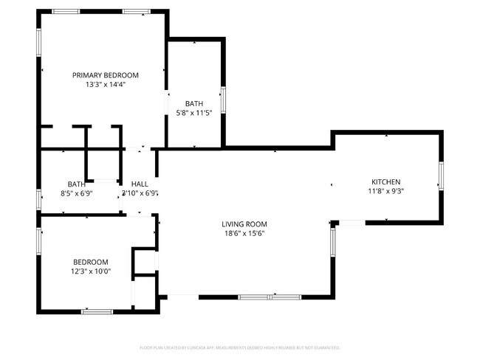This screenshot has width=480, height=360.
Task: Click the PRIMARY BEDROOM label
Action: point(105,75)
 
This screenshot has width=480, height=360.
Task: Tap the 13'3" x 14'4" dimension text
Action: point(105,84)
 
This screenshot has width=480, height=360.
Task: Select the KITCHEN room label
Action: point(385,181)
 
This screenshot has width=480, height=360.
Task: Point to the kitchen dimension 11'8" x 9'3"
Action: point(385,191)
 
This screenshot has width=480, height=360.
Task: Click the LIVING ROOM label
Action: point(244,224)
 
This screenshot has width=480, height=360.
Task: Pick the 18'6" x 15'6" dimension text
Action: point(244,234)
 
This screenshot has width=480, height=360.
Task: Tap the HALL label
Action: point(140,184)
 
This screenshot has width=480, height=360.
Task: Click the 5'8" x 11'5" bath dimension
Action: point(194,113)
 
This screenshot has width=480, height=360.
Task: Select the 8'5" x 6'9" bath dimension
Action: point(76,193)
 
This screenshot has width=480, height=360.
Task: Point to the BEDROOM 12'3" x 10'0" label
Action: point(90,266)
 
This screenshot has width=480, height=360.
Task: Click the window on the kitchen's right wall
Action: point(441,175)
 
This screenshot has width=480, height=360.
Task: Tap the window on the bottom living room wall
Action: point(269,297)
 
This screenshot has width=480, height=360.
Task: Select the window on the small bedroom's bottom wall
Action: point(96,311)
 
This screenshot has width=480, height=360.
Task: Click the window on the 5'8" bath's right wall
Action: point(223,98)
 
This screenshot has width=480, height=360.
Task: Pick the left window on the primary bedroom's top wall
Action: point(66,11)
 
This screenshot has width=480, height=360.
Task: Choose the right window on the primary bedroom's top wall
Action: point(135,11)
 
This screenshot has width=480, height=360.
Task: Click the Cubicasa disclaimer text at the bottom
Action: point(239,347)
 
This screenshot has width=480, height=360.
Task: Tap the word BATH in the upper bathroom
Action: point(194,103)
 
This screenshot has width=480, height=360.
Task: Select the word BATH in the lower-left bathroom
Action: point(76,184)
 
